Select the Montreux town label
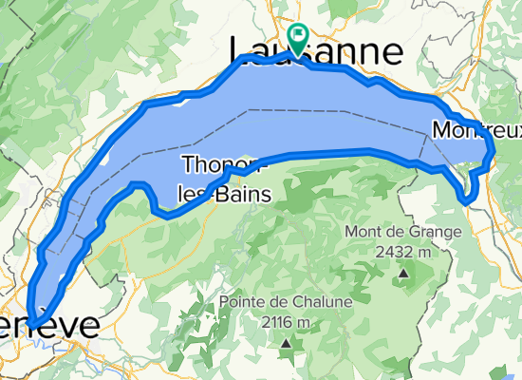[475, 129]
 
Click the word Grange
[436, 232]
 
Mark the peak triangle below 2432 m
[403, 274]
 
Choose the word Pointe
[243, 303]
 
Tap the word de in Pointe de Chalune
[279, 303]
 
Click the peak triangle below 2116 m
[284, 342]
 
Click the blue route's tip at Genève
[32, 323]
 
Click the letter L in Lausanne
[242, 50]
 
